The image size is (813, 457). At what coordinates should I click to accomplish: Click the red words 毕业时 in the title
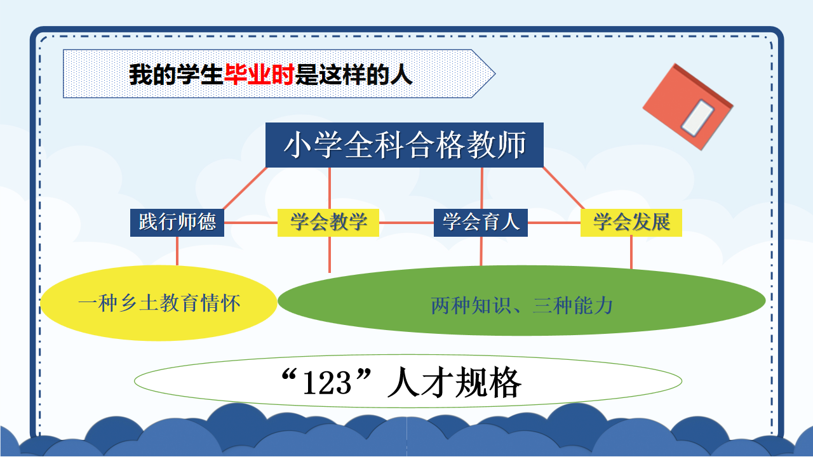(x=259, y=74)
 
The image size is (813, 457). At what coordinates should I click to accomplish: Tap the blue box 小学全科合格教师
(x=405, y=145)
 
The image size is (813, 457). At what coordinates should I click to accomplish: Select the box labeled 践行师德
(x=177, y=223)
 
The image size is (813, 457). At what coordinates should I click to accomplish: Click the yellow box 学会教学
(x=328, y=223)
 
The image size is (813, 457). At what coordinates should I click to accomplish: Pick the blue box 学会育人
(x=481, y=223)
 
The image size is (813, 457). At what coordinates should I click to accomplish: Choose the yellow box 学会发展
(x=631, y=223)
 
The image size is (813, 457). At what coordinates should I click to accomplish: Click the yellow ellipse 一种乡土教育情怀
(x=159, y=303)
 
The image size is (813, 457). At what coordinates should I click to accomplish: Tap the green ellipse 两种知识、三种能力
(x=521, y=301)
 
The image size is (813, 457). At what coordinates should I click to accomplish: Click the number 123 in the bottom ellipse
(x=327, y=383)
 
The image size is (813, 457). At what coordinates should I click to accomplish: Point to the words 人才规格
(x=454, y=382)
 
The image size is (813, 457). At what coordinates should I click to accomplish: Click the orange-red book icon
(x=688, y=107)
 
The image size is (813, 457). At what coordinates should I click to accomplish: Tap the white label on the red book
(x=697, y=118)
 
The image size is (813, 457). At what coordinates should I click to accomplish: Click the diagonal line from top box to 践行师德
(x=245, y=189)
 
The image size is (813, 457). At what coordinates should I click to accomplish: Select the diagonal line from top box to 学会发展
(x=563, y=189)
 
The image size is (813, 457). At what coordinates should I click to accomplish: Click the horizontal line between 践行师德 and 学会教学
(x=251, y=223)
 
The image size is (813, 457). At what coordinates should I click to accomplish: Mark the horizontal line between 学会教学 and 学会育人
(x=406, y=223)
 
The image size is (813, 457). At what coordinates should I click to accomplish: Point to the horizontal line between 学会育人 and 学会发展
(x=554, y=223)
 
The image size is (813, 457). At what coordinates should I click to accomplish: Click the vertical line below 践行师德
(x=177, y=251)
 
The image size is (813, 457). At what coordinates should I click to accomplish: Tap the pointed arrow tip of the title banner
(x=495, y=74)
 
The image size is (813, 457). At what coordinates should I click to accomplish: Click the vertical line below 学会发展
(x=631, y=253)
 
